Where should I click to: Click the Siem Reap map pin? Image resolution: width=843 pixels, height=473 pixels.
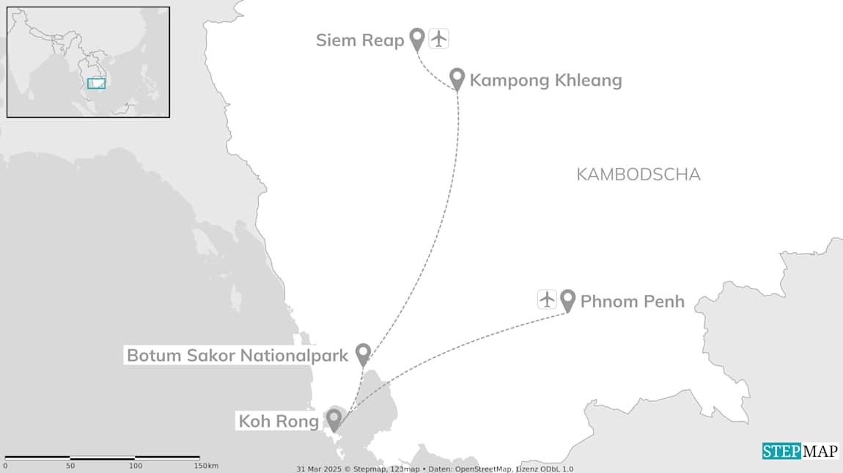417,38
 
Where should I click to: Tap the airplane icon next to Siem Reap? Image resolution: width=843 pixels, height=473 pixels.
438,38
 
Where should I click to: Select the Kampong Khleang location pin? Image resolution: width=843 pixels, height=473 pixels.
457,78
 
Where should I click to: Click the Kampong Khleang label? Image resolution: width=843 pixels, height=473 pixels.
545,80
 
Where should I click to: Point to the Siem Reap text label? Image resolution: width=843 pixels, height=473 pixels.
360,40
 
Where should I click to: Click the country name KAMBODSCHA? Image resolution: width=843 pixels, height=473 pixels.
638,175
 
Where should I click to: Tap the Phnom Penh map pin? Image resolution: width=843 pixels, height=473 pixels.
567,300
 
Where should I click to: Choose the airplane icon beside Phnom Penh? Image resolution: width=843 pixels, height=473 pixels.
547,299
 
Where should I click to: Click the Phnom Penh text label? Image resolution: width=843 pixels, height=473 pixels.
632,301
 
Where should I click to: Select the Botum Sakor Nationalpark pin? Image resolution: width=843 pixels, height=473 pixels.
362,354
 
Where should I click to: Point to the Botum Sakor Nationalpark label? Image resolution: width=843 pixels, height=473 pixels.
237,356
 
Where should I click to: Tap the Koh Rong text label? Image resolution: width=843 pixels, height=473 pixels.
279,421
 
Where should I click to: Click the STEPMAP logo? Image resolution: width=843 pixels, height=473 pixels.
800,451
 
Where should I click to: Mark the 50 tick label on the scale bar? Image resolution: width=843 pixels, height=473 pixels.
70,466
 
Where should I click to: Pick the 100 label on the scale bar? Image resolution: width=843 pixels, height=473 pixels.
136,466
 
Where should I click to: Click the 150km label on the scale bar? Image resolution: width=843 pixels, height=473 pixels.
207,466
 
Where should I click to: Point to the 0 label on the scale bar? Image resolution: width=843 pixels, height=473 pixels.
5,466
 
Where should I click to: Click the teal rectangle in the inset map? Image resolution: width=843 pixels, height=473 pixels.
96,84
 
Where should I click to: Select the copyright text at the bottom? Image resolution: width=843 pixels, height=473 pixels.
435,469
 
